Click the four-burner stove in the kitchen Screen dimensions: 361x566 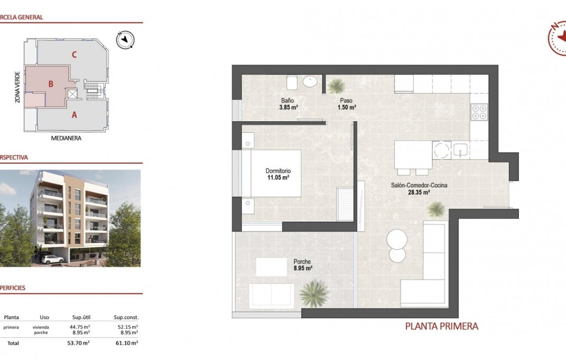[479, 111]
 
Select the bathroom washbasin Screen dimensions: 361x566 [311, 82]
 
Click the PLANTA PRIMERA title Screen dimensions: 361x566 [442, 327]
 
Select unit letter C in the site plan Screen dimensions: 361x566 [75, 54]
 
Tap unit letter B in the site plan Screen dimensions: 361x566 [51, 84]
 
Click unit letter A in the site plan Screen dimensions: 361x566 [75, 113]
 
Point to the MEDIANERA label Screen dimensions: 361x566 [66, 138]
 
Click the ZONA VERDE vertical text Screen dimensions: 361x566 [18, 87]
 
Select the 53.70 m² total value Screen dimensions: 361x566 [80, 343]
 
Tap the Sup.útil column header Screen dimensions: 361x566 [80, 317]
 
